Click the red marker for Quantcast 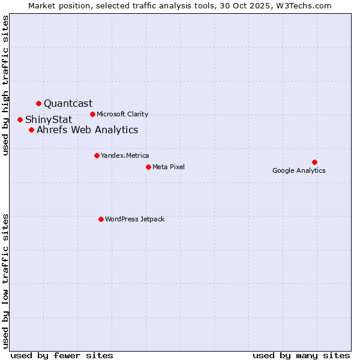(x=38, y=103)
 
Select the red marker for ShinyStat (x=20, y=119)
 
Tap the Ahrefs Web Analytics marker (x=31, y=130)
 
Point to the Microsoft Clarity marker (x=92, y=114)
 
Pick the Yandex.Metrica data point (x=97, y=155)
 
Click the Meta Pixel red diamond (x=148, y=167)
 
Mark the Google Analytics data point (x=314, y=162)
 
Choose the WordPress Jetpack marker (x=101, y=219)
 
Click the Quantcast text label (x=68, y=103)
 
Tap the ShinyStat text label (x=49, y=119)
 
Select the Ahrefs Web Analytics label (x=87, y=130)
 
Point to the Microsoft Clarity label (x=122, y=114)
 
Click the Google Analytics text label (x=299, y=170)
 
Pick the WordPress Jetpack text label (x=134, y=219)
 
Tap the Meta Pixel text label (x=169, y=167)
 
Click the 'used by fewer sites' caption (x=62, y=355)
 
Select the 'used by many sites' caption (x=301, y=355)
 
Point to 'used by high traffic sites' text (x=6, y=85)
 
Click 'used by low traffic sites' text (x=6, y=280)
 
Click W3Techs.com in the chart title (x=309, y=5)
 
